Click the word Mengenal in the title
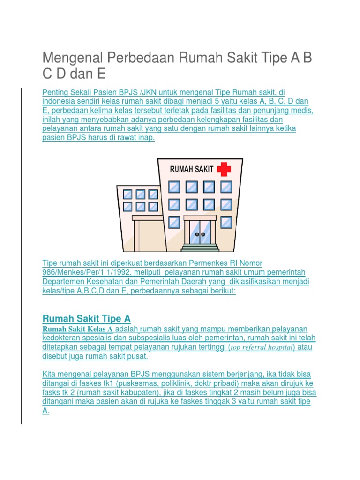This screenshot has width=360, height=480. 73,58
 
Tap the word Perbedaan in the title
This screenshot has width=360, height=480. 141,57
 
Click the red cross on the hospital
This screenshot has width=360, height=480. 224,169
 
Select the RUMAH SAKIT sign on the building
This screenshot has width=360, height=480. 192,169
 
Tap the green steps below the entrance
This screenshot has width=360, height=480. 200,247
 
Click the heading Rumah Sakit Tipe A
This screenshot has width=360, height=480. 87,319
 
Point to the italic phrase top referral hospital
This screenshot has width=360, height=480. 262,347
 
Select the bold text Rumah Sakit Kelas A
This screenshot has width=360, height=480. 78,329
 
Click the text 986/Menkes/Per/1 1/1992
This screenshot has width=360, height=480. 87,272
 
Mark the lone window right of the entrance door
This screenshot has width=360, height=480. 226,223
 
